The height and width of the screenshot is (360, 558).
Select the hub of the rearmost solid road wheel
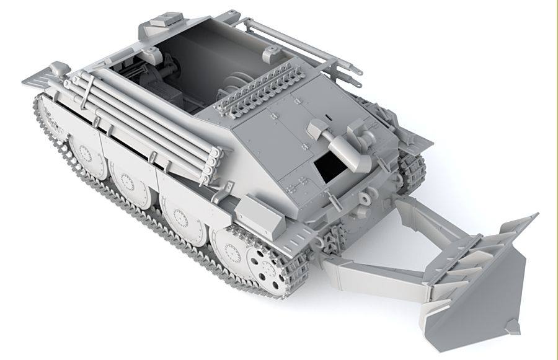(232, 252)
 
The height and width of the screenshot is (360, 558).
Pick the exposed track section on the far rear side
(412, 167)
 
